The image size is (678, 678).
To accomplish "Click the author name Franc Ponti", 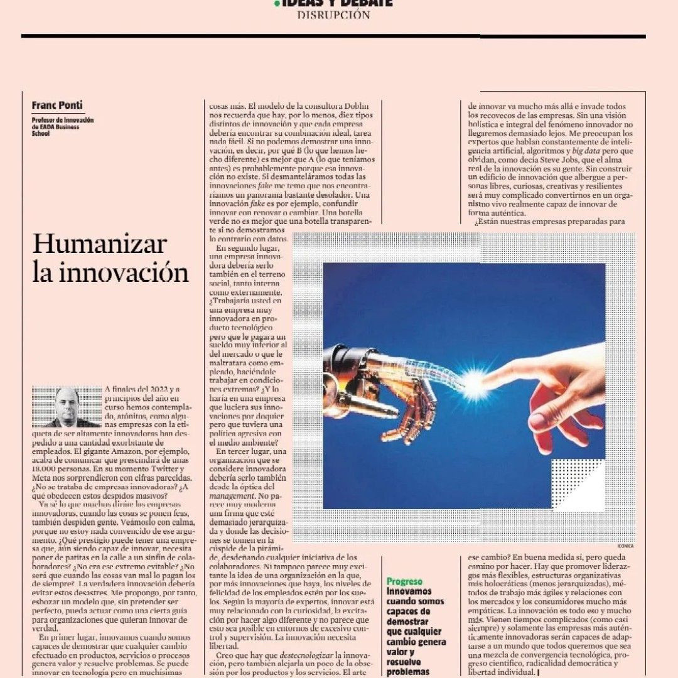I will point(58,105).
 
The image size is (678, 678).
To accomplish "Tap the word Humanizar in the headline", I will point(100,244).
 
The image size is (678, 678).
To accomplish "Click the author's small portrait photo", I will point(67,407).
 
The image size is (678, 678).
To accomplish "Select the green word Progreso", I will point(404,581).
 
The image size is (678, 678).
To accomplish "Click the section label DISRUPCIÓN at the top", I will point(333,15).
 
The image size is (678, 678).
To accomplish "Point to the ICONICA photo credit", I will point(625,546).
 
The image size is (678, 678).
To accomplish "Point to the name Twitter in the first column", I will point(162,468).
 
